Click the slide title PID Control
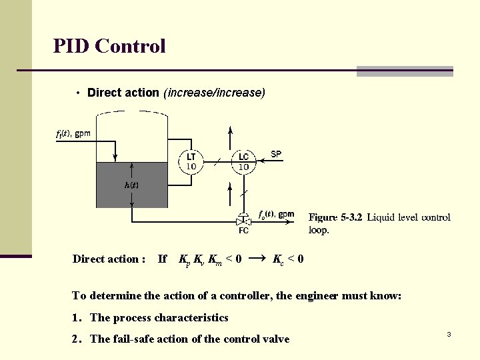point(109,46)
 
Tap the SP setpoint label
point(276,154)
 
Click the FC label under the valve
point(244,231)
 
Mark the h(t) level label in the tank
point(132,185)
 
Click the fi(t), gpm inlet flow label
point(73,133)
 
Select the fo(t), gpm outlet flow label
point(276,214)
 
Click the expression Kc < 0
point(289,259)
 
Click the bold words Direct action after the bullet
point(123,93)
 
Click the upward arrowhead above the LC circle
point(230,129)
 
